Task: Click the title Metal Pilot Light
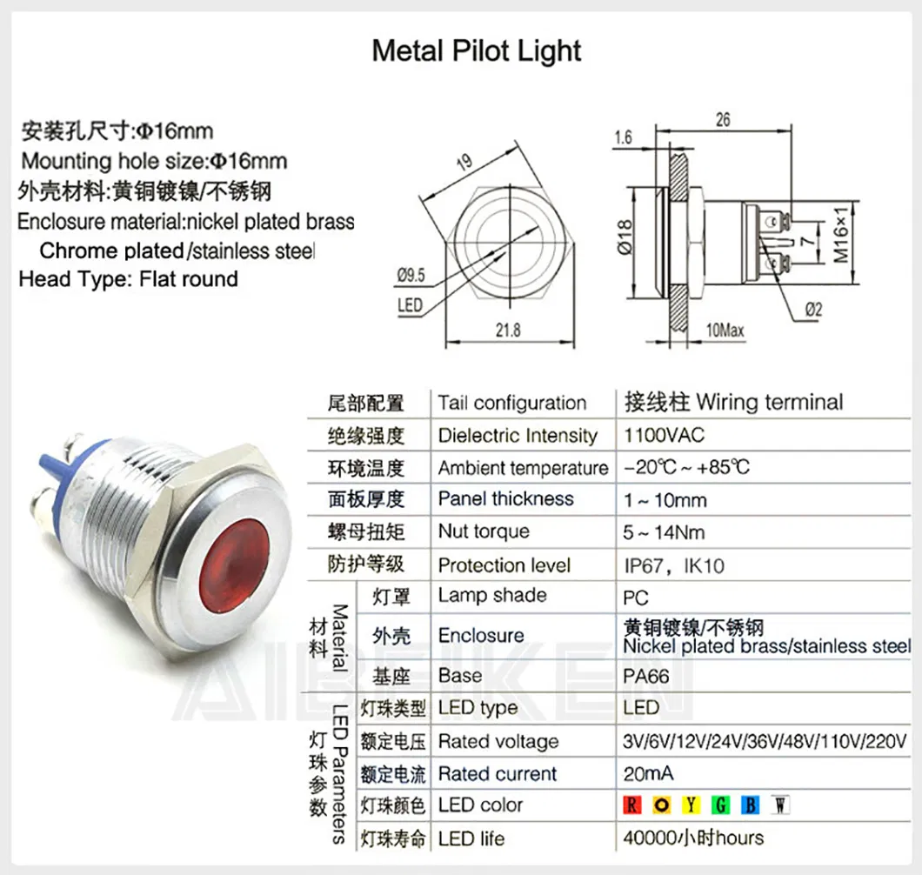pyautogui.click(x=477, y=50)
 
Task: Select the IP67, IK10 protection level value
pyautogui.click(x=674, y=565)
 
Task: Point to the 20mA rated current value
pyautogui.click(x=649, y=773)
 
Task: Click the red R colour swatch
pyautogui.click(x=632, y=805)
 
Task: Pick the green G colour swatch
pyautogui.click(x=721, y=805)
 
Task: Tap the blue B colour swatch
pyautogui.click(x=751, y=805)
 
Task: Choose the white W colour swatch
pyautogui.click(x=780, y=805)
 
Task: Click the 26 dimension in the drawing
pyautogui.click(x=723, y=121)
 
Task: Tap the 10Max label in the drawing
pyautogui.click(x=725, y=331)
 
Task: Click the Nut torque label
pyautogui.click(x=484, y=531)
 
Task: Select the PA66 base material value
pyautogui.click(x=646, y=675)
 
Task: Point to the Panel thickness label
pyautogui.click(x=506, y=499)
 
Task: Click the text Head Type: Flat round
pyautogui.click(x=128, y=279)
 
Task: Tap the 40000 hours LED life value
pyautogui.click(x=693, y=838)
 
